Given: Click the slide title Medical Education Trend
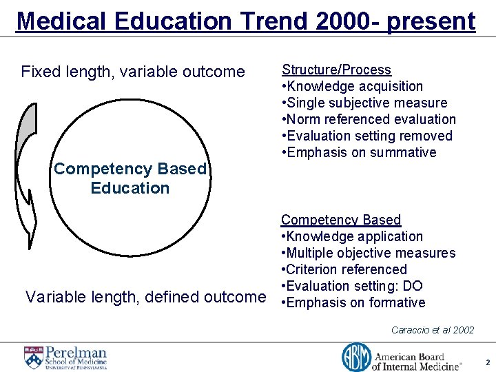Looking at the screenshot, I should pos(245,21).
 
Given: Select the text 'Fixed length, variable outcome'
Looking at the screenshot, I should pos(133,72).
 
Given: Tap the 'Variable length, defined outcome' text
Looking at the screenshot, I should pos(145,297).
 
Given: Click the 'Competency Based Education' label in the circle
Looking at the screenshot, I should pos(130,178).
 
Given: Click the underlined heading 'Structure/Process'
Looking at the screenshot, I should pos(336,70).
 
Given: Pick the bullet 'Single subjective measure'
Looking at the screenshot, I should pos(366,103).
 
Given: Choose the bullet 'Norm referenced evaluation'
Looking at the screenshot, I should pos(370,119).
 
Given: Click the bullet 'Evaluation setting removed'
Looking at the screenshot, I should pos(368,136).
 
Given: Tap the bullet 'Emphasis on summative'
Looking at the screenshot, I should pos(360,152).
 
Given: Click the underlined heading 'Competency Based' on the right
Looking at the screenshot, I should pos(340,220).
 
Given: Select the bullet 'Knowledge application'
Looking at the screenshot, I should pos(353,236).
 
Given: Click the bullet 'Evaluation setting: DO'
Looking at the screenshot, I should pos(353,286).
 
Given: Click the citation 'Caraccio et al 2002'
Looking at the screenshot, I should pos(433,330).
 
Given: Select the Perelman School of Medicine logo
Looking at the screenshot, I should pos(66,357).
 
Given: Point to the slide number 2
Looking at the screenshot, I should pos(487,362).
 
